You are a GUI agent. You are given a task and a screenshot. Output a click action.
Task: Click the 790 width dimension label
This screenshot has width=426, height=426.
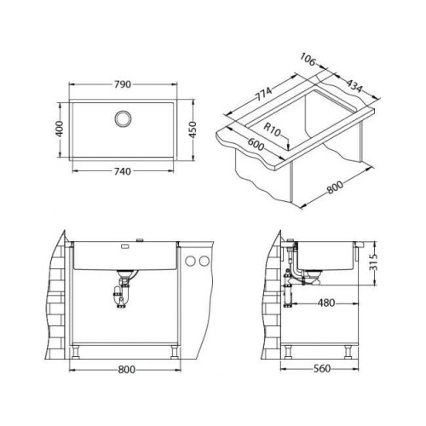tap(123, 84)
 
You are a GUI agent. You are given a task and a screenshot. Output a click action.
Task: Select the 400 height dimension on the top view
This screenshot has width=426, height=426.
tap(60, 129)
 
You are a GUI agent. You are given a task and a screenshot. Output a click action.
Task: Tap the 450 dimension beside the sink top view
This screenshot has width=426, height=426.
tap(193, 130)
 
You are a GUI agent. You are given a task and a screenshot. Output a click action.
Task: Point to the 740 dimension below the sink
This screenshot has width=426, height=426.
tap(123, 171)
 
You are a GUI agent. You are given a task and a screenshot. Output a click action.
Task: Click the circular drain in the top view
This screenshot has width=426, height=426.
tap(123, 118)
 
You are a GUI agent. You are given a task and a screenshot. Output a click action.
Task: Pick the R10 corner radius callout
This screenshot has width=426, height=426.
tap(273, 130)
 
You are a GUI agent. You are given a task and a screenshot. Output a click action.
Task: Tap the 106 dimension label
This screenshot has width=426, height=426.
tap(308, 60)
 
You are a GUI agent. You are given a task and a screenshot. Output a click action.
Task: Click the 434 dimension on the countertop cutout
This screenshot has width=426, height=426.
tap(354, 86)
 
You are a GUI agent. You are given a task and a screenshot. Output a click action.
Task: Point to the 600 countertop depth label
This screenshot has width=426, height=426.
tap(256, 144)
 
